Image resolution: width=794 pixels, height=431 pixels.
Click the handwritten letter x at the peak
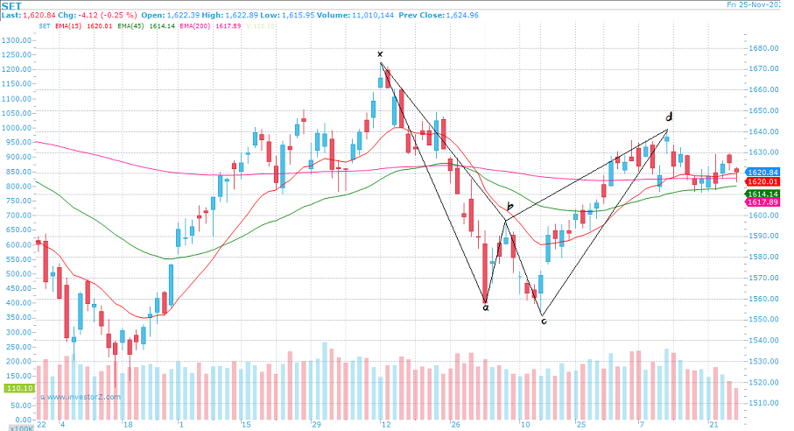pyautogui.click(x=380, y=54)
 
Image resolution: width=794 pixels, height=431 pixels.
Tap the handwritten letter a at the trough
pyautogui.click(x=486, y=307)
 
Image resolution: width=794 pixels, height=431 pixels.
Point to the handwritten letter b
pyautogui.click(x=510, y=208)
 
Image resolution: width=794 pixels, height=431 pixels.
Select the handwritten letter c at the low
pyautogui.click(x=544, y=321)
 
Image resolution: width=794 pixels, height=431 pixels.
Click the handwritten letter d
pyautogui.click(x=669, y=117)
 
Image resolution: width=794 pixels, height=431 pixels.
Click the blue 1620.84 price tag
pyautogui.click(x=761, y=173)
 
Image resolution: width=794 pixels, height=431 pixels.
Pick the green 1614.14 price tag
pyautogui.click(x=761, y=193)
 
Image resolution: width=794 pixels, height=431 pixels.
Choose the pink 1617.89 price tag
pyautogui.click(x=761, y=202)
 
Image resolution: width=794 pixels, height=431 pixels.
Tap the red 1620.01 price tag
pyautogui.click(x=761, y=182)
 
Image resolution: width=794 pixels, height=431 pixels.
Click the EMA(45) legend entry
pyautogui.click(x=137, y=26)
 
